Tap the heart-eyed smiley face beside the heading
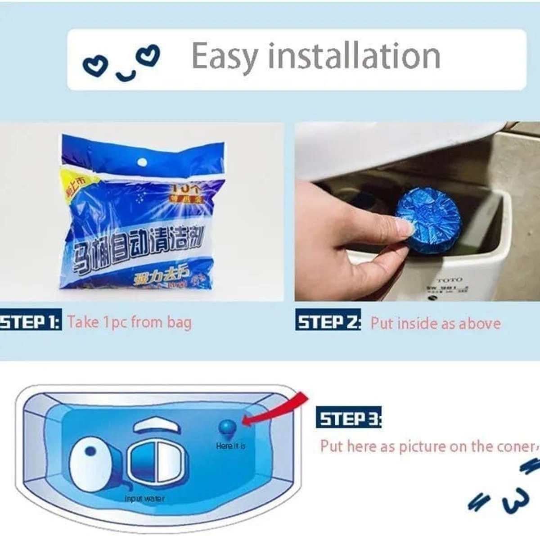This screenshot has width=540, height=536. (121, 63)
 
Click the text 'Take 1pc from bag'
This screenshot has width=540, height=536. (129, 323)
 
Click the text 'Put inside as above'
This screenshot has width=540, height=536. (435, 324)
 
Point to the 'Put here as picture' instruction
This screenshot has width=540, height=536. (427, 446)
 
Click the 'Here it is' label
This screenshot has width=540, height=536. (230, 446)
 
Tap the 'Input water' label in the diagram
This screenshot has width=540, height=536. (144, 499)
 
